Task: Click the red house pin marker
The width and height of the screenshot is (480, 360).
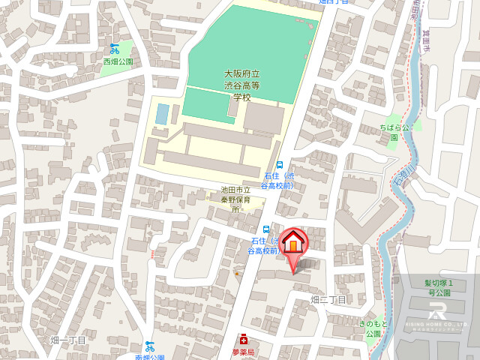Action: (x=293, y=244)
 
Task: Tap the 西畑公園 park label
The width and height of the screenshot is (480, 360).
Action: (x=118, y=61)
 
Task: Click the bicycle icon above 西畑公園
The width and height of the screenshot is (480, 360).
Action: (x=114, y=49)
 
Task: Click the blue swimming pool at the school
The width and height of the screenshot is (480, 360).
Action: (x=162, y=114)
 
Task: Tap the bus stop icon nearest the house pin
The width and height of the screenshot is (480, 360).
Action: (x=266, y=229)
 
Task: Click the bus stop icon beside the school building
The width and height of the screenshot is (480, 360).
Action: (x=280, y=165)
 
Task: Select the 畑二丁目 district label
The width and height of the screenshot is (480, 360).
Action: (x=328, y=300)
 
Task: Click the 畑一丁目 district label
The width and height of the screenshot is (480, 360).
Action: (x=68, y=340)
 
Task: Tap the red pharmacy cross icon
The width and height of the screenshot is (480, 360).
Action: (x=243, y=340)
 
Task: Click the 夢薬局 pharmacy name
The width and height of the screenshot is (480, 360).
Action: (x=243, y=352)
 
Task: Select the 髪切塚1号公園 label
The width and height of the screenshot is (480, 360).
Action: (x=438, y=287)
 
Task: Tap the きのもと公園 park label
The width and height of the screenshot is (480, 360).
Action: (x=373, y=327)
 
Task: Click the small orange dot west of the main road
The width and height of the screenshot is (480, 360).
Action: (x=237, y=273)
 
